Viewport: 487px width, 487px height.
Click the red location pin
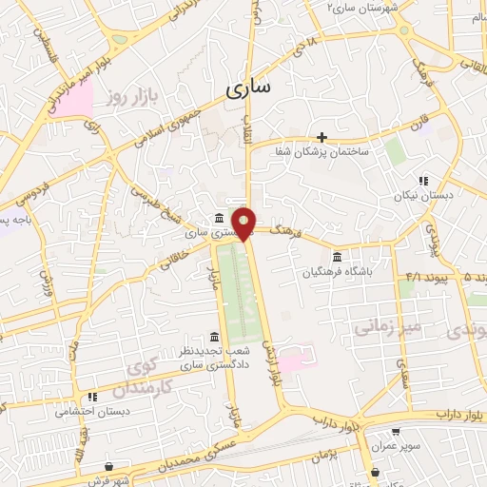coord(245,223)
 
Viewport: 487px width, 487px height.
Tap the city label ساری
coord(248,88)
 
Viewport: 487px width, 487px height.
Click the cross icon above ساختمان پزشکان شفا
coord(322,137)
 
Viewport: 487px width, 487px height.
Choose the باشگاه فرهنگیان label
coord(343,273)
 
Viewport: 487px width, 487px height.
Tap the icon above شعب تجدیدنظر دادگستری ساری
coord(213,338)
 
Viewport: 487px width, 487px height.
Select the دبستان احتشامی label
coord(93,412)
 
